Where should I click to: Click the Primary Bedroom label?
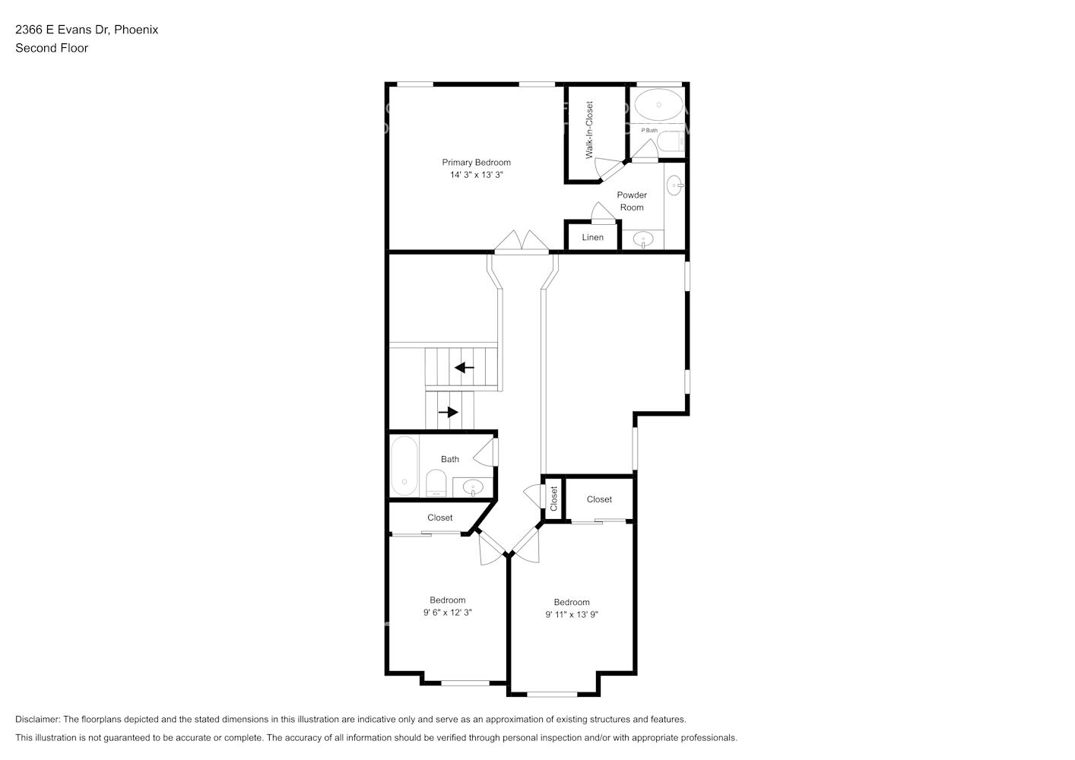(476, 162)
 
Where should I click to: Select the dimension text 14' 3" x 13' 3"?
(476, 175)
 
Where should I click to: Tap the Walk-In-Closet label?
(589, 130)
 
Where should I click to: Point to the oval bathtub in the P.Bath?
(658, 105)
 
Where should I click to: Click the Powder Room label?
(632, 201)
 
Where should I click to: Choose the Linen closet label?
(592, 237)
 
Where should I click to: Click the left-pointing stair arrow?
(464, 368)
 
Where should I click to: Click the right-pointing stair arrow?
(449, 412)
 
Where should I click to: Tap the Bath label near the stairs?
(450, 459)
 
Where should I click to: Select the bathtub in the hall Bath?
(404, 465)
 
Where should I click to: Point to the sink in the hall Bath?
(474, 486)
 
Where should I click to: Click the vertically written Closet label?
(553, 499)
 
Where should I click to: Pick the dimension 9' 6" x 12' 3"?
(447, 613)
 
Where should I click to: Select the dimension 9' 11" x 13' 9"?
(572, 615)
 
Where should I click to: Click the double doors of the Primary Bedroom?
(522, 242)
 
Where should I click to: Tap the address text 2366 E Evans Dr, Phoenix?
(87, 30)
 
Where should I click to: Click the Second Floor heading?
(52, 48)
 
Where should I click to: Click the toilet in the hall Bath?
(436, 483)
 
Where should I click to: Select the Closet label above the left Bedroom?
(439, 518)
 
